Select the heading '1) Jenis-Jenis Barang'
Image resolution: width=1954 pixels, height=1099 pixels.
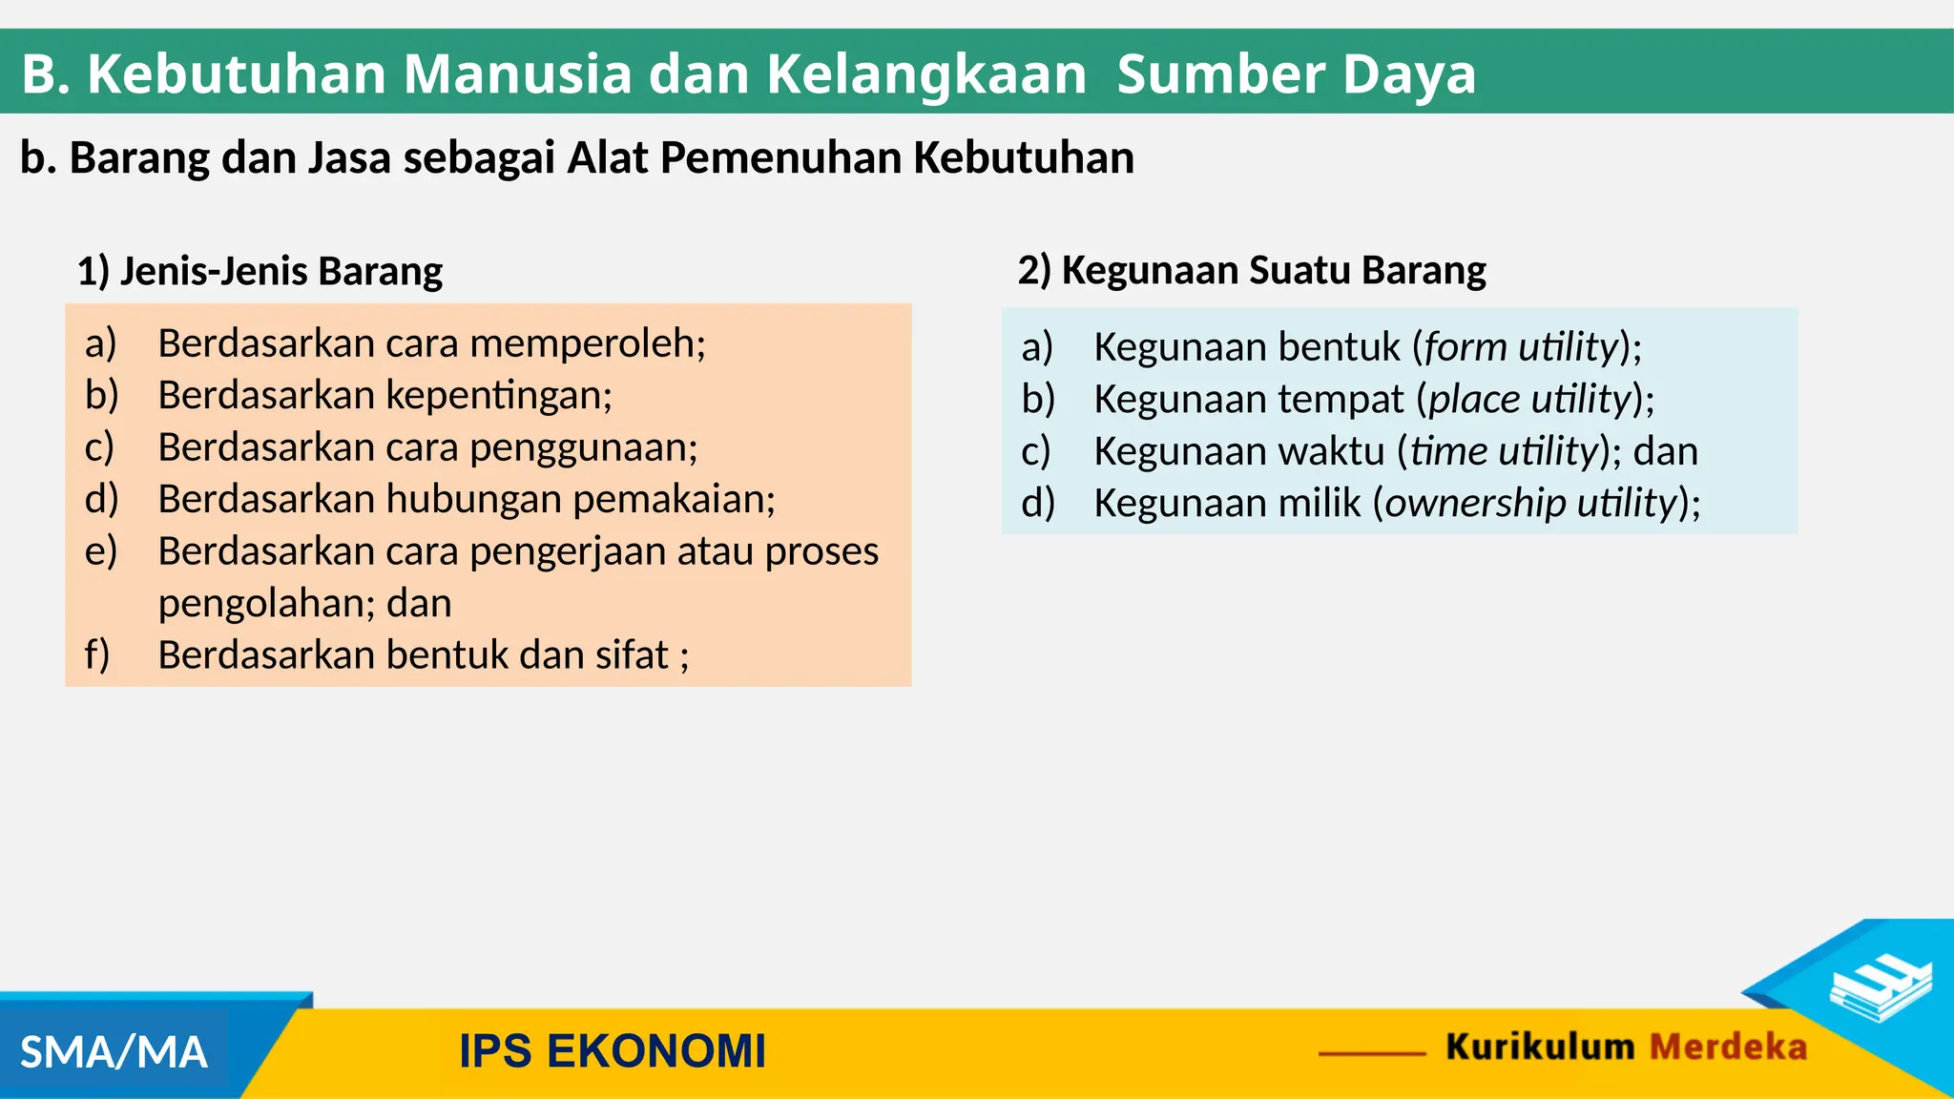coord(260,272)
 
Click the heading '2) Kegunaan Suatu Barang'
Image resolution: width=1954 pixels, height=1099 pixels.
coord(1251,271)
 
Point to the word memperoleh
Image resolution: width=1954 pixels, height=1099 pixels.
coord(586,344)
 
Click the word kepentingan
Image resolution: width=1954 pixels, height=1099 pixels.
coord(498,396)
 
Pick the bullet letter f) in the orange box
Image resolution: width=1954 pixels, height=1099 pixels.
coord(97,655)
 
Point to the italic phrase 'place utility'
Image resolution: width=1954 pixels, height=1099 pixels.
coord(1529,400)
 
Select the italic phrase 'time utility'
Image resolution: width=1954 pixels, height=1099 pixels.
coord(1503,452)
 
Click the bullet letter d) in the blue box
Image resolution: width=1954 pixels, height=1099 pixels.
coord(1037,504)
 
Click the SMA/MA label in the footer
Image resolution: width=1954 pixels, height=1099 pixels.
coord(114,1053)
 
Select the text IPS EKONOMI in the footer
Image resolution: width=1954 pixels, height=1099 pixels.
coord(612,1051)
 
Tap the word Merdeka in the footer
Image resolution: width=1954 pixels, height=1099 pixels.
coord(1728,1047)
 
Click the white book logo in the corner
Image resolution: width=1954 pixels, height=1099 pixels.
coord(1880,988)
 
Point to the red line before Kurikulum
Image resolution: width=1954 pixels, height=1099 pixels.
coord(1372,1053)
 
